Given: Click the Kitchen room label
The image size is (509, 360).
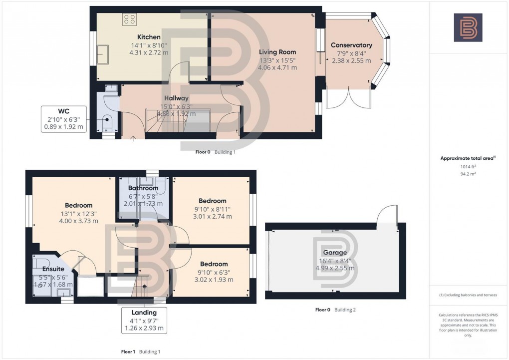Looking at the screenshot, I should [149, 37].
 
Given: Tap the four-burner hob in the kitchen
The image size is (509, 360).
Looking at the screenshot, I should [130, 19].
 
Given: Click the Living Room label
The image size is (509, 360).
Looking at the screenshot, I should [277, 52].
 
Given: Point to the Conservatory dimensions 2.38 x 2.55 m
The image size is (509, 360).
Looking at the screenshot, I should [351, 61].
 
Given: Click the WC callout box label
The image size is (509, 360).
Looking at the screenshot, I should [63, 110].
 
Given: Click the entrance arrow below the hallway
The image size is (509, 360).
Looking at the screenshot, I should [133, 139].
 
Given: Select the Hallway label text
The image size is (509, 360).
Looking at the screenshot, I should [177, 99].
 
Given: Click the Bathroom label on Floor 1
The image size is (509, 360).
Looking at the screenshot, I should [143, 188].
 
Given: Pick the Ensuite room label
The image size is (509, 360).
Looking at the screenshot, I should [52, 270].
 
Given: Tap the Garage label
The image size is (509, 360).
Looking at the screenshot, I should [334, 253].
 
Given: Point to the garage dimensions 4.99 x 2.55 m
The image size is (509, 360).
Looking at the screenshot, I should [334, 268].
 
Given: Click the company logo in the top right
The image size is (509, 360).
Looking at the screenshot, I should [468, 27].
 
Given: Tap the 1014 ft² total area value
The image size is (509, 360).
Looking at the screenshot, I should [468, 167].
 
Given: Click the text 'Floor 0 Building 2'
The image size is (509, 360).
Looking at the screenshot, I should [335, 310].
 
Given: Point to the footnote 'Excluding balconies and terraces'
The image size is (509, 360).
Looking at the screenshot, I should [468, 295].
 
